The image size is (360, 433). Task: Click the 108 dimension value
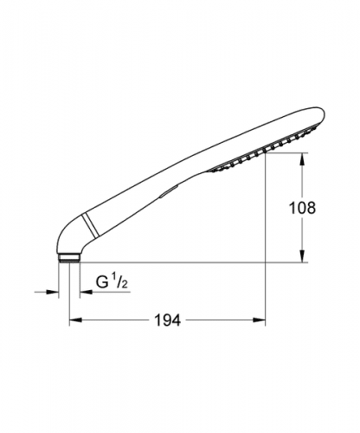click(x=302, y=208)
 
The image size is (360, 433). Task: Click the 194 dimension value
click(x=168, y=320)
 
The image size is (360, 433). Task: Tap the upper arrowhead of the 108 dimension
click(x=302, y=159)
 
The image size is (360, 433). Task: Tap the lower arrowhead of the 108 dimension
click(x=302, y=256)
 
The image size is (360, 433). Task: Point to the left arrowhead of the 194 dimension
click(x=76, y=320)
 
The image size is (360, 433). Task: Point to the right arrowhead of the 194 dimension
click(x=259, y=320)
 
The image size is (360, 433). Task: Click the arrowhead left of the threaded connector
click(x=52, y=292)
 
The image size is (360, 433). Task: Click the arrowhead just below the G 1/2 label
click(x=86, y=292)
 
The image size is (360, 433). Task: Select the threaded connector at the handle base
click(x=69, y=257)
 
